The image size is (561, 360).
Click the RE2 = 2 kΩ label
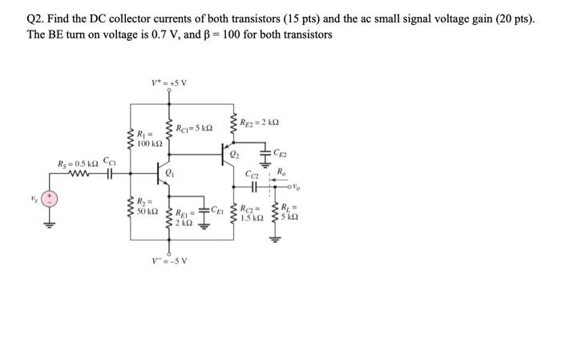point(260,122)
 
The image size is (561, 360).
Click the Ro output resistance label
point(280,171)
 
